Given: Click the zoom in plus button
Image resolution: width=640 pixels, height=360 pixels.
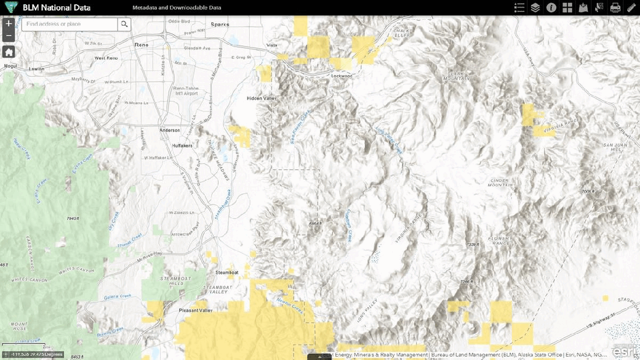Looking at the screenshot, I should tap(8, 24).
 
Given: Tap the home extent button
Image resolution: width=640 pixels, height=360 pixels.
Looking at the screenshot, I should tap(8, 52).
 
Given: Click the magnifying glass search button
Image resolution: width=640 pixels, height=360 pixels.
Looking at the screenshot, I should tap(124, 24).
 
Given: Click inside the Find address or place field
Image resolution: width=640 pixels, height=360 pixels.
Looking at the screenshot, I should tap(70, 24).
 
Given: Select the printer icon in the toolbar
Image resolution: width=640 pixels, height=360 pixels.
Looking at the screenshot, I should tap(615, 8).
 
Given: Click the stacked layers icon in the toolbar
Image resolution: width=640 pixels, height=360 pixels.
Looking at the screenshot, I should tap(535, 8).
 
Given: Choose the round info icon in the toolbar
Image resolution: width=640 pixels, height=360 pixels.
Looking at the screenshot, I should tap(551, 8).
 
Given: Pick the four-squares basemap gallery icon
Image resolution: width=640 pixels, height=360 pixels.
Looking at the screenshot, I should tap(567, 8).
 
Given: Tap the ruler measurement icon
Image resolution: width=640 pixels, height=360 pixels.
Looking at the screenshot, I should tap(631, 8).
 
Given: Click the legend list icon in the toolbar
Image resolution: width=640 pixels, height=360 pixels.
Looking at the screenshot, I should tap(520, 8).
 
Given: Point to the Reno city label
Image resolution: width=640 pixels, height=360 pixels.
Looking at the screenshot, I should tap(141, 45).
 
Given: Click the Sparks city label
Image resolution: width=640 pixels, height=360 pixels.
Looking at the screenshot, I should tap(220, 24).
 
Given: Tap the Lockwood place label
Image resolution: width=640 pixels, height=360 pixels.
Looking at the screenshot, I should tap(342, 76).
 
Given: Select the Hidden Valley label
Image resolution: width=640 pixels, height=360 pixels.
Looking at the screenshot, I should tap(262, 98).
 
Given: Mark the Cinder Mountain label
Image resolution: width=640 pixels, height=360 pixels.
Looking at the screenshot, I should tap(502, 184).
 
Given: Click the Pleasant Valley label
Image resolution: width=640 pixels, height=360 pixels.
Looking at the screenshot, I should tap(195, 311).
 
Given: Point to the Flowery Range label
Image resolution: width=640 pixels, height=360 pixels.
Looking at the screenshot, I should tap(500, 241).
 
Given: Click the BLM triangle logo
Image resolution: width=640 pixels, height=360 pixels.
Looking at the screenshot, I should tap(10, 8).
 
